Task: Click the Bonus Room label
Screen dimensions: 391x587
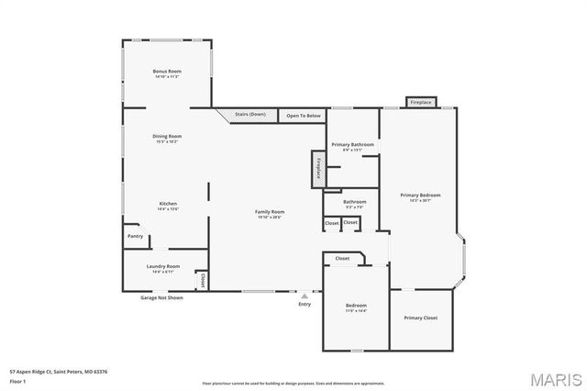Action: coord(167,72)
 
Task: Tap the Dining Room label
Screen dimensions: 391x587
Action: coord(167,137)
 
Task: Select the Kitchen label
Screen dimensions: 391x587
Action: coord(168,204)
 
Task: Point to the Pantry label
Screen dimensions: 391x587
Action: coord(134,236)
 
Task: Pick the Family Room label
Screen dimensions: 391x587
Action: coord(269,212)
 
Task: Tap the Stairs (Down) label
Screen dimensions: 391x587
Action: coord(249,114)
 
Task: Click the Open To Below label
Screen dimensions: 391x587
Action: coord(304,116)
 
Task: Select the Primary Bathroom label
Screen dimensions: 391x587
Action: coord(353,144)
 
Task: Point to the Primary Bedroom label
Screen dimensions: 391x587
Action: coord(421,195)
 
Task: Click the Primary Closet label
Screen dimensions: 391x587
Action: coord(421,318)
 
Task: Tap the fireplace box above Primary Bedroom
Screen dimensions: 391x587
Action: coord(421,102)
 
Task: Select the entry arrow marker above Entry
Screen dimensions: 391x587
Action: coord(305,296)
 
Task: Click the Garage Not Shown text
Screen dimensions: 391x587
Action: coord(161,297)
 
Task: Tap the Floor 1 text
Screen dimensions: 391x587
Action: coord(17,380)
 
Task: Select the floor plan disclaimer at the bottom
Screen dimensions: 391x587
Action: coord(293,383)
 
